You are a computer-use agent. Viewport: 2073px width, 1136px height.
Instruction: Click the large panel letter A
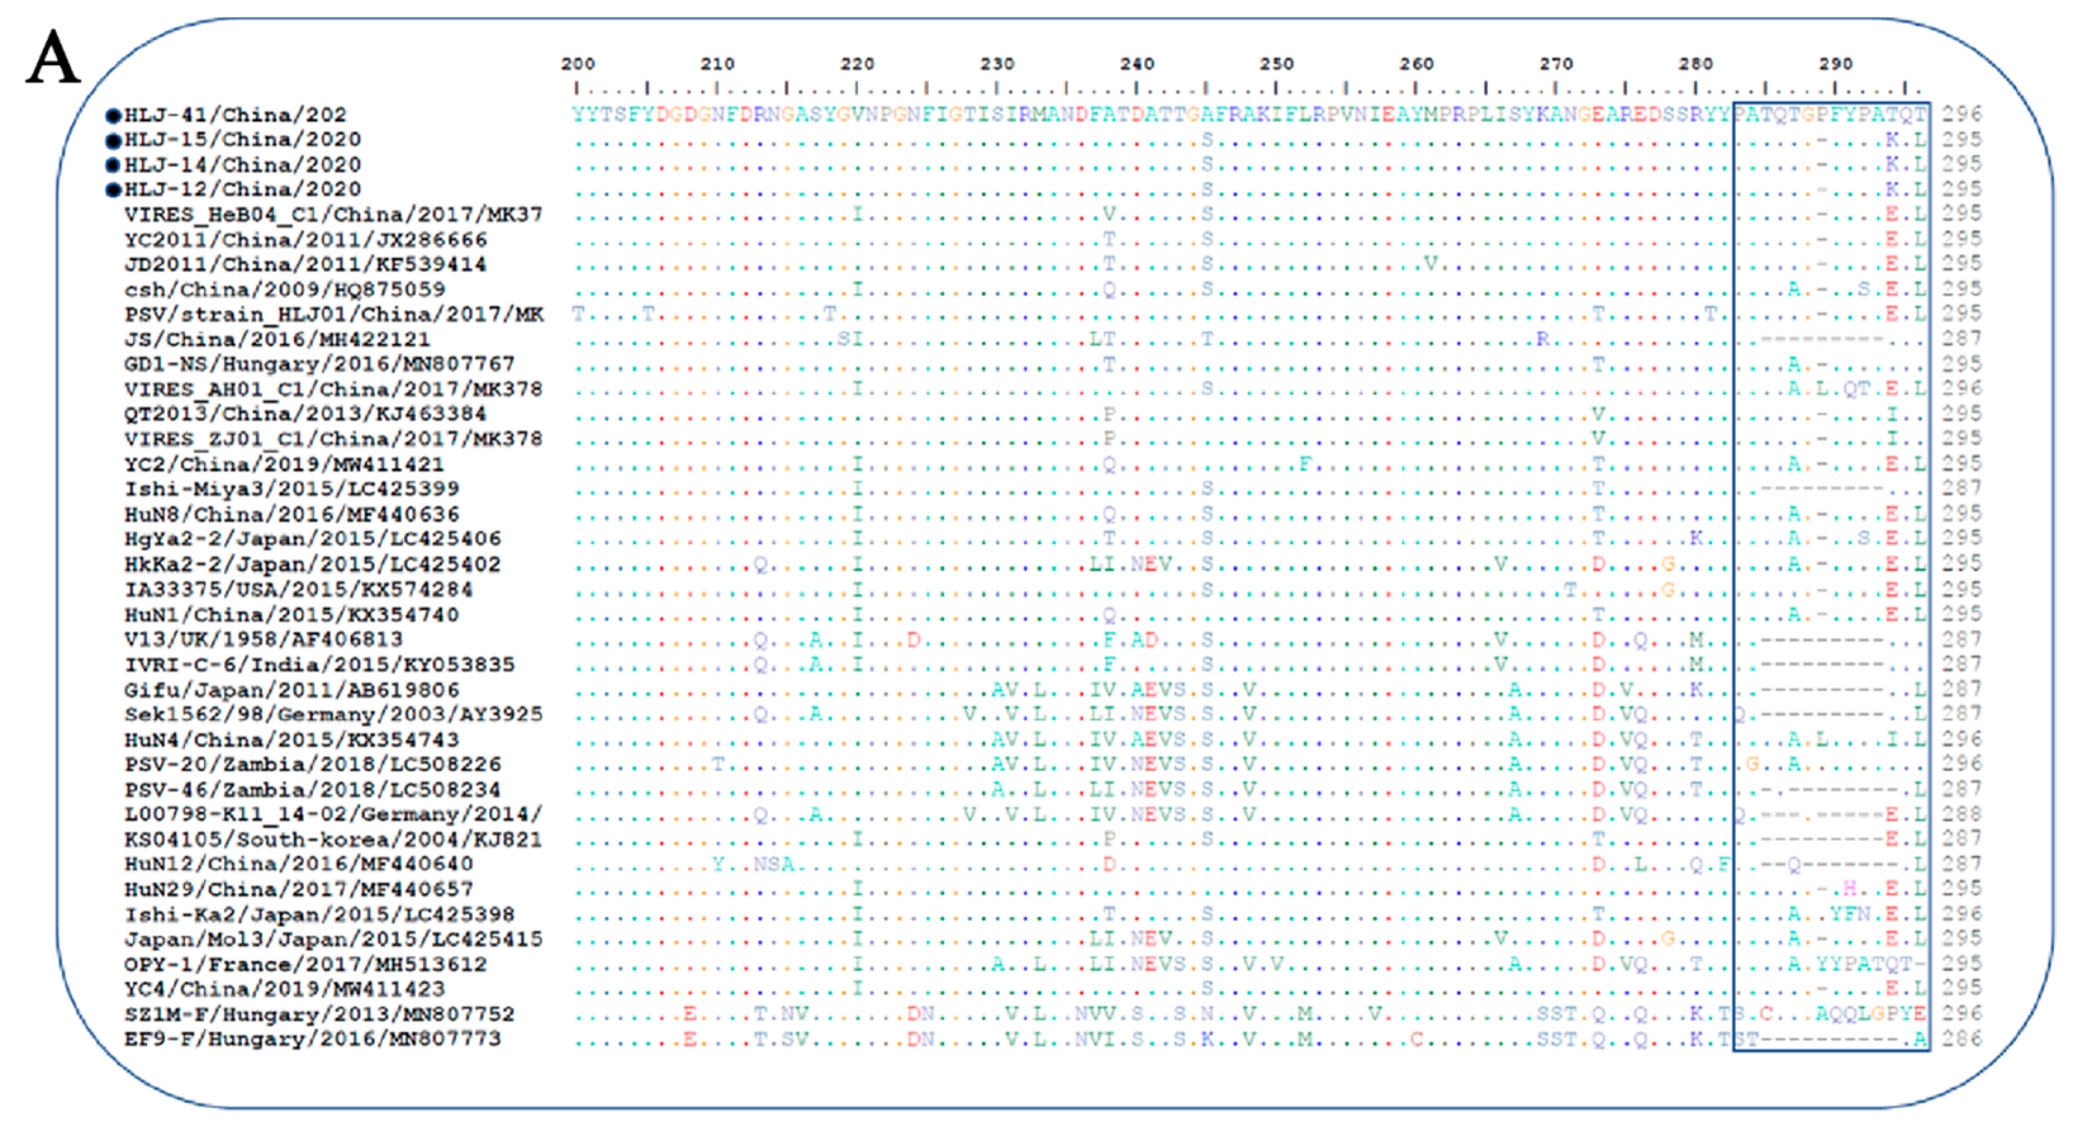tap(53, 57)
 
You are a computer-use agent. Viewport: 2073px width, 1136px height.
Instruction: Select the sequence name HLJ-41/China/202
tap(235, 115)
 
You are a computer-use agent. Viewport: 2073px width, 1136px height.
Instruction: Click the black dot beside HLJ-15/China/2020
tap(113, 141)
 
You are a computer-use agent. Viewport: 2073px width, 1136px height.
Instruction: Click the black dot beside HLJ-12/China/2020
tap(113, 190)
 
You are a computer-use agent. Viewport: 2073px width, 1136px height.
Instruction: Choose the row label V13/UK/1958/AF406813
tap(263, 640)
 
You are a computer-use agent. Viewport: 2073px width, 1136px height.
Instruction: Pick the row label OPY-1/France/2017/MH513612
tap(305, 964)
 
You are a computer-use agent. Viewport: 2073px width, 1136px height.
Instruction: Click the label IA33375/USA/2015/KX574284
tap(298, 590)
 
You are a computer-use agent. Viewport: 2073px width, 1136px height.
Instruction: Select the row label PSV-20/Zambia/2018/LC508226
tap(312, 764)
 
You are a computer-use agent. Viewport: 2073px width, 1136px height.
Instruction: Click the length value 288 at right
tap(1962, 814)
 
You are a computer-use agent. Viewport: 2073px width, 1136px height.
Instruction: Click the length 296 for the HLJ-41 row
tap(1962, 115)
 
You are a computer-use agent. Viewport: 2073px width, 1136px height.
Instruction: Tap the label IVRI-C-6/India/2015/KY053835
tap(319, 664)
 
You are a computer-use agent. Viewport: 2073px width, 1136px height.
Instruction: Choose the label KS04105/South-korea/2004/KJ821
tap(333, 839)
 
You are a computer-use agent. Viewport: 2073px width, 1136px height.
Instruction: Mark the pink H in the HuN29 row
tap(1850, 889)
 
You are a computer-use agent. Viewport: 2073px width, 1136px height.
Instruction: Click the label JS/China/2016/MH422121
tap(277, 339)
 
